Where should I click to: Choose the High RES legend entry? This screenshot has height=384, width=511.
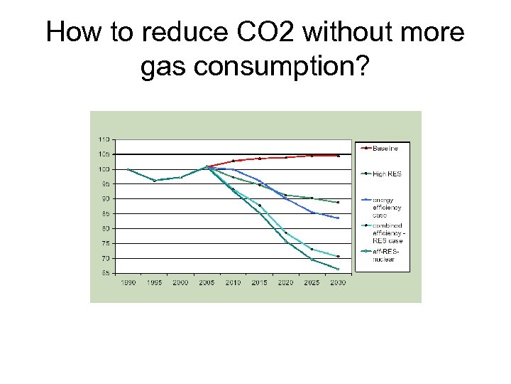pyautogui.click(x=387, y=174)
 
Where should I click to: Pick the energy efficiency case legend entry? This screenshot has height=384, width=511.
pyautogui.click(x=388, y=206)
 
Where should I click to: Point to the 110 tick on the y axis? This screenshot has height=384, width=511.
pyautogui.click(x=104, y=138)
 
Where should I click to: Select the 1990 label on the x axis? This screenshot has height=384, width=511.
pyautogui.click(x=128, y=282)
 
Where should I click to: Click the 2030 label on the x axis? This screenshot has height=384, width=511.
pyautogui.click(x=338, y=282)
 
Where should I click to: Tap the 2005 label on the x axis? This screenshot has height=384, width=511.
pyautogui.click(x=207, y=282)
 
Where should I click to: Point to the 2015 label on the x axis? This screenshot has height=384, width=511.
pyautogui.click(x=259, y=282)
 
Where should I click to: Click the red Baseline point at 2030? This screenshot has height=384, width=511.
pyautogui.click(x=338, y=156)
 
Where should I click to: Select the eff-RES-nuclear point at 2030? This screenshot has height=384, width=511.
pyautogui.click(x=338, y=269)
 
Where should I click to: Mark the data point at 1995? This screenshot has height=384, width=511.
pyautogui.click(x=154, y=181)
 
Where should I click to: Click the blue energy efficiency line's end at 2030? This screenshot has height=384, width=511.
pyautogui.click(x=338, y=218)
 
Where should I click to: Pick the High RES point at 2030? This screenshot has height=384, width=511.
pyautogui.click(x=338, y=202)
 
